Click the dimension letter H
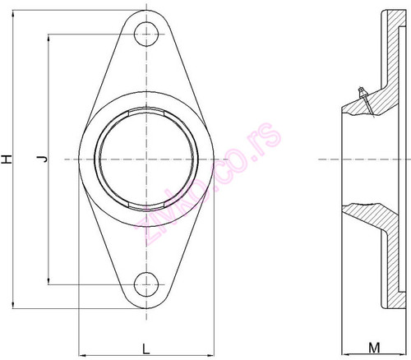(7, 158)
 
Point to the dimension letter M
(372, 348)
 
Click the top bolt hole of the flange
(148, 34)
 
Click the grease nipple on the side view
(359, 95)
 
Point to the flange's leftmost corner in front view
(80, 159)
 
